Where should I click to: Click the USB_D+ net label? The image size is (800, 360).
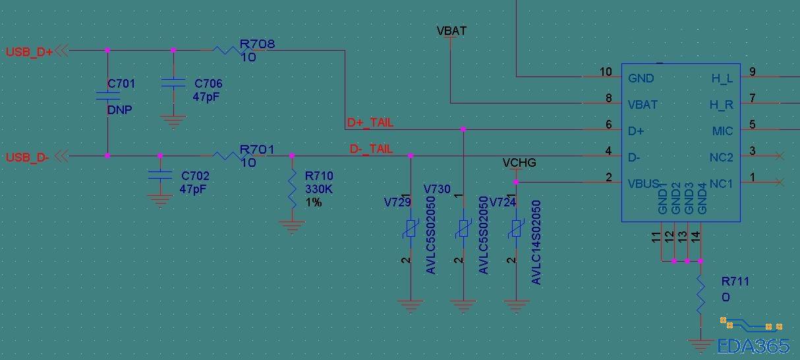point(30,51)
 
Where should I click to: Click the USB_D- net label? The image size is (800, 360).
point(28,158)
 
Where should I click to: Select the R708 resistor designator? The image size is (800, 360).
point(257,44)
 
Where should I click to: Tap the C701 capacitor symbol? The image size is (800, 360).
point(107,96)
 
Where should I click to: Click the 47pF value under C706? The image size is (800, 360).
point(207,96)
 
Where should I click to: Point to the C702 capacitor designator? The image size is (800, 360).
point(195,176)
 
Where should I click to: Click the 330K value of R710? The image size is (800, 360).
point(318,189)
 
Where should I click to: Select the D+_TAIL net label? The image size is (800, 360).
point(370,123)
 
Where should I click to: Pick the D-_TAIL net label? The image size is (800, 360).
point(371,150)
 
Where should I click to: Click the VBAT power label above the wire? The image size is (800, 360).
point(451,31)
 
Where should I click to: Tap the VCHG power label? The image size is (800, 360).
point(519,163)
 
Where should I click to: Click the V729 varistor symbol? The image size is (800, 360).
point(411,229)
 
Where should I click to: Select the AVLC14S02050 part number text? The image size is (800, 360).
point(536,242)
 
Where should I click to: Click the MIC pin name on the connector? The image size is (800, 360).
point(722,131)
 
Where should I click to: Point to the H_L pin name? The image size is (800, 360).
point(722,78)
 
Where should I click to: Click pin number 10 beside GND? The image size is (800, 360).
point(606,72)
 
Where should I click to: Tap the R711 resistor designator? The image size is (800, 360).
point(735,282)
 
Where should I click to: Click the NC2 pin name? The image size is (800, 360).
point(722,158)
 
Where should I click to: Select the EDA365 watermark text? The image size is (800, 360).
point(753,345)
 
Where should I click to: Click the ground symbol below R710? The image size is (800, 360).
point(292,227)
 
